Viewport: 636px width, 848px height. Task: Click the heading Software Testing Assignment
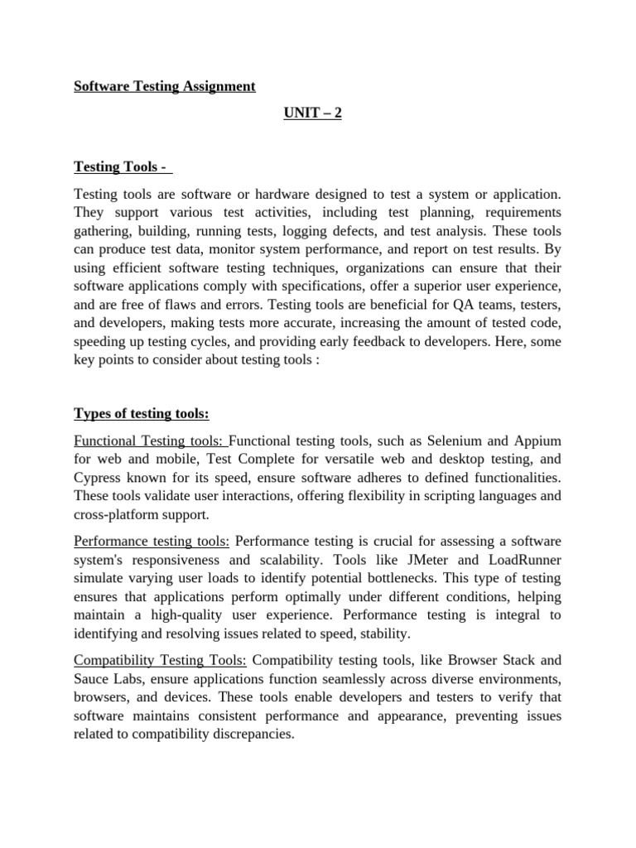(x=165, y=86)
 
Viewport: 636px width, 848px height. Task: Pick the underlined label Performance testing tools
(x=152, y=542)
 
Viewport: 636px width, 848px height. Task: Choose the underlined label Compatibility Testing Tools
(x=160, y=660)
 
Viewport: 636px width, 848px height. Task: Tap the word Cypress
(x=99, y=478)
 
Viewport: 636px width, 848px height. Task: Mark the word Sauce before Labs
(x=92, y=678)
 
